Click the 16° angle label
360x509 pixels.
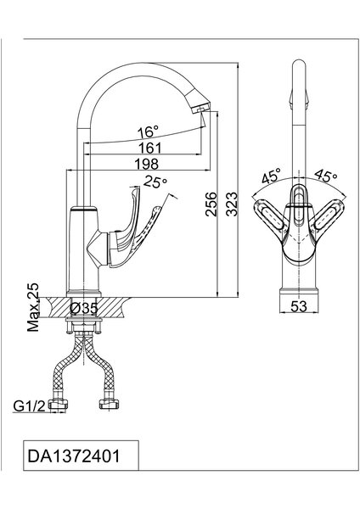pyautogui.click(x=148, y=132)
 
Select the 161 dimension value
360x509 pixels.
pyautogui.click(x=149, y=148)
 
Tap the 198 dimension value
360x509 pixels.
pyautogui.click(x=147, y=164)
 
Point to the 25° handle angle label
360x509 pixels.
pyautogui.click(x=155, y=182)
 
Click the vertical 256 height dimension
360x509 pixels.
pyautogui.click(x=211, y=204)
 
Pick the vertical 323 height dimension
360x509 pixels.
pyautogui.click(x=232, y=204)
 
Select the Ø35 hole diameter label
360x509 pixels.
pyautogui.click(x=84, y=308)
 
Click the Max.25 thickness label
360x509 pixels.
pyautogui.click(x=33, y=307)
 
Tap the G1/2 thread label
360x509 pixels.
pyautogui.click(x=29, y=406)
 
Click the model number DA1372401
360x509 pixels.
pyautogui.click(x=74, y=456)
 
